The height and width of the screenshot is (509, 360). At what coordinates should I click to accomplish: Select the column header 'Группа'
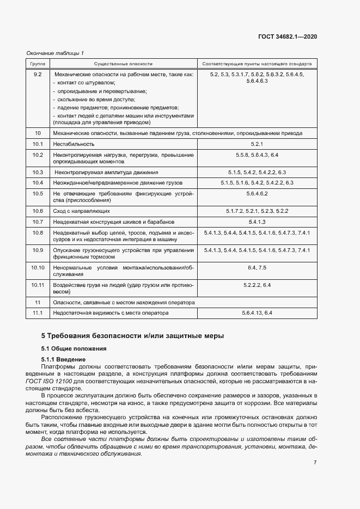pos(38,63)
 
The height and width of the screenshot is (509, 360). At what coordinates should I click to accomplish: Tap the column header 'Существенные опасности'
pos(123,63)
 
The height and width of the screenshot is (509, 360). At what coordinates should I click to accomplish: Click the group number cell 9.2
pos(38,73)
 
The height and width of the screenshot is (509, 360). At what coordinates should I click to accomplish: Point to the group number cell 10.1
pos(38,144)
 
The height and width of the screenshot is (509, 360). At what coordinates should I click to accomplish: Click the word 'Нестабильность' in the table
pos(74,144)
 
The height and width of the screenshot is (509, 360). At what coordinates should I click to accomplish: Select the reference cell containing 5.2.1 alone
pos(257,144)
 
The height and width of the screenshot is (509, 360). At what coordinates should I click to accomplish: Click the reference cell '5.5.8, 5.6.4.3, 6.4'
pos(257,155)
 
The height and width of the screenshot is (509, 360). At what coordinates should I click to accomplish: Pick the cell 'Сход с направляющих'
pos(82,211)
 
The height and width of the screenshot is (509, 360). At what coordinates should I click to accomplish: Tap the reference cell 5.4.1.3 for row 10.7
pos(257,222)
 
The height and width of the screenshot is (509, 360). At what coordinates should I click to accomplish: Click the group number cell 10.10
pos(38,268)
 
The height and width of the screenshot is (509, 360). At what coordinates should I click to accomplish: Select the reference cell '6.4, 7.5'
pos(257,268)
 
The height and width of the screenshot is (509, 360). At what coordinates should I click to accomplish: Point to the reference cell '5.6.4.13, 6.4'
pos(257,313)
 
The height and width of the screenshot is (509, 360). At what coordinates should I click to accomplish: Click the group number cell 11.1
pos(38,313)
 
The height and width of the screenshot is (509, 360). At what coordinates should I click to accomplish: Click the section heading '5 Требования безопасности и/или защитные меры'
pos(132,336)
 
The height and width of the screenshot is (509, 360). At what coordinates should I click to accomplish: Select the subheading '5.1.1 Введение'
pos(63,360)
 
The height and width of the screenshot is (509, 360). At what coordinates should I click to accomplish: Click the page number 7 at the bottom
pos(315,462)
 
